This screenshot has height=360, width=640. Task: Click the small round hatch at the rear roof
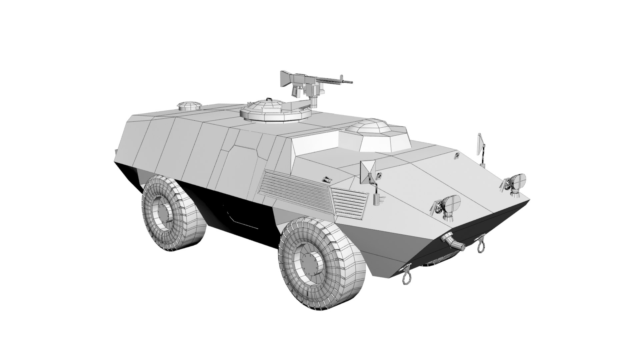pos(189,106)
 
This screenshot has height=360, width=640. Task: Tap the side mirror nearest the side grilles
pos(368,171)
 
